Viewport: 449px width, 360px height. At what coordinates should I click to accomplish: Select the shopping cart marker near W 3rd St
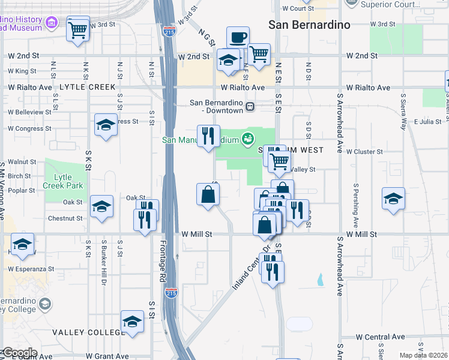click(78, 29)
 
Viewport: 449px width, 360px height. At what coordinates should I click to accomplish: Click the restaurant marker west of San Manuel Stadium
click(208, 136)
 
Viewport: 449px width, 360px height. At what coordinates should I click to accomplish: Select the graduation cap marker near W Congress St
click(106, 125)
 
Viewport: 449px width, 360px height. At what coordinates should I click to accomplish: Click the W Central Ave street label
click(381, 337)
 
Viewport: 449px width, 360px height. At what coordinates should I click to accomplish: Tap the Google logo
click(20, 353)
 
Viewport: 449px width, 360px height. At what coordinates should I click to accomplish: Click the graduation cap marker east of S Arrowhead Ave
click(393, 199)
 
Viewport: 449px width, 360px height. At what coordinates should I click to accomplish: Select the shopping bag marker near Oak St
click(208, 195)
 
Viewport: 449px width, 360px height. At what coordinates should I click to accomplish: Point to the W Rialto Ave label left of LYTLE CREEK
click(29, 88)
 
